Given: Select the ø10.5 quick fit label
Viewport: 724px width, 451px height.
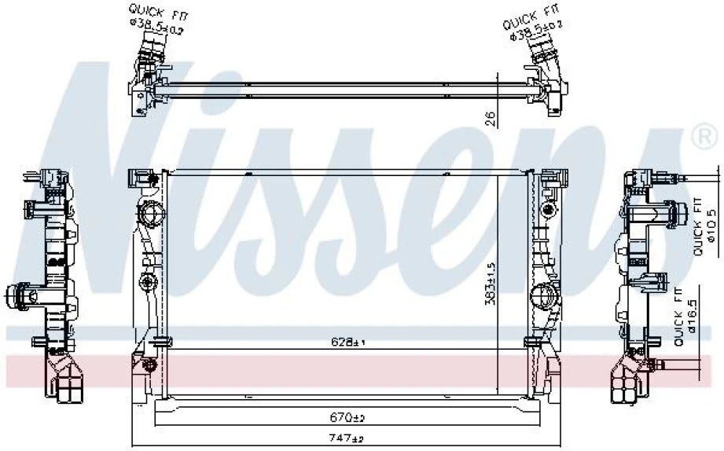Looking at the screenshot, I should coord(704,227).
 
